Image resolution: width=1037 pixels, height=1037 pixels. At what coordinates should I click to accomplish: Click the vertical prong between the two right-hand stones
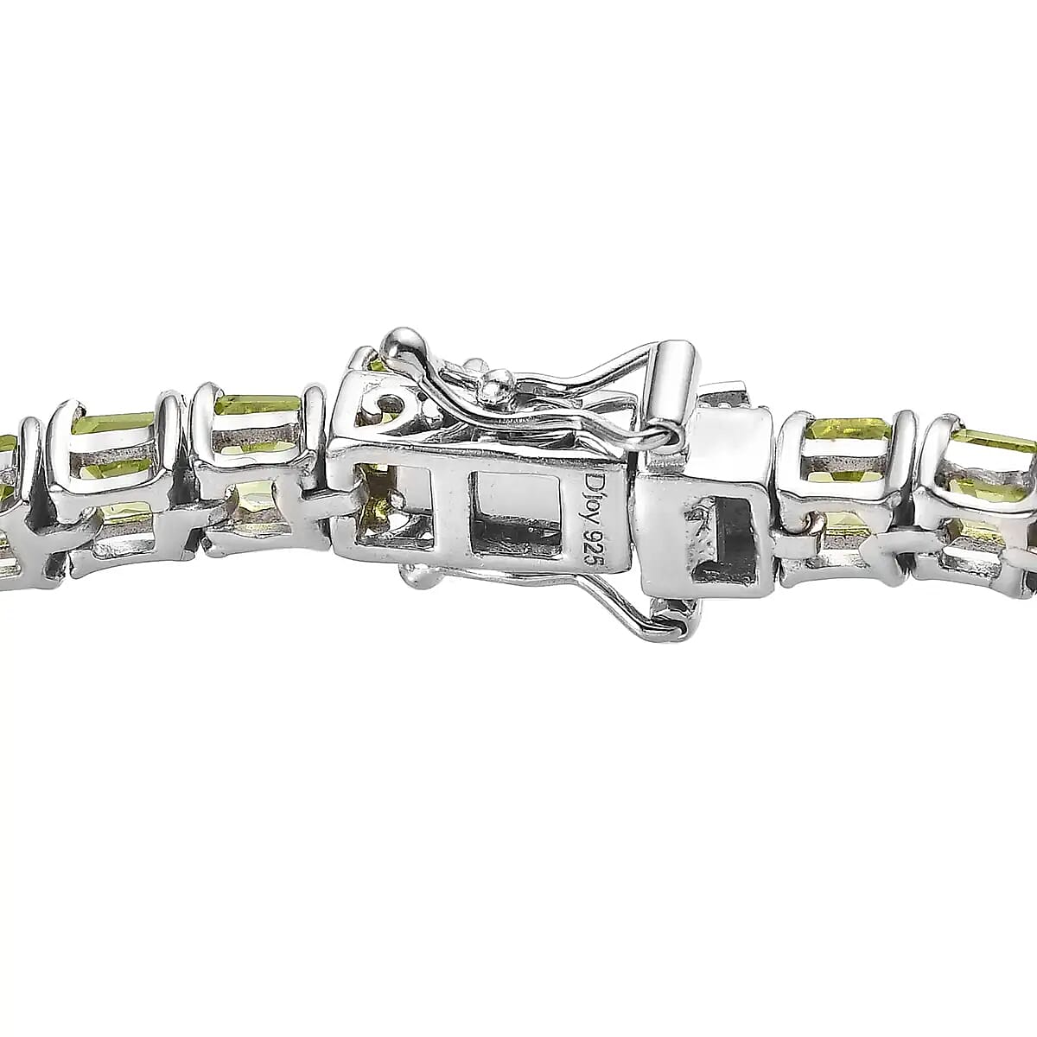tap(907, 467)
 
